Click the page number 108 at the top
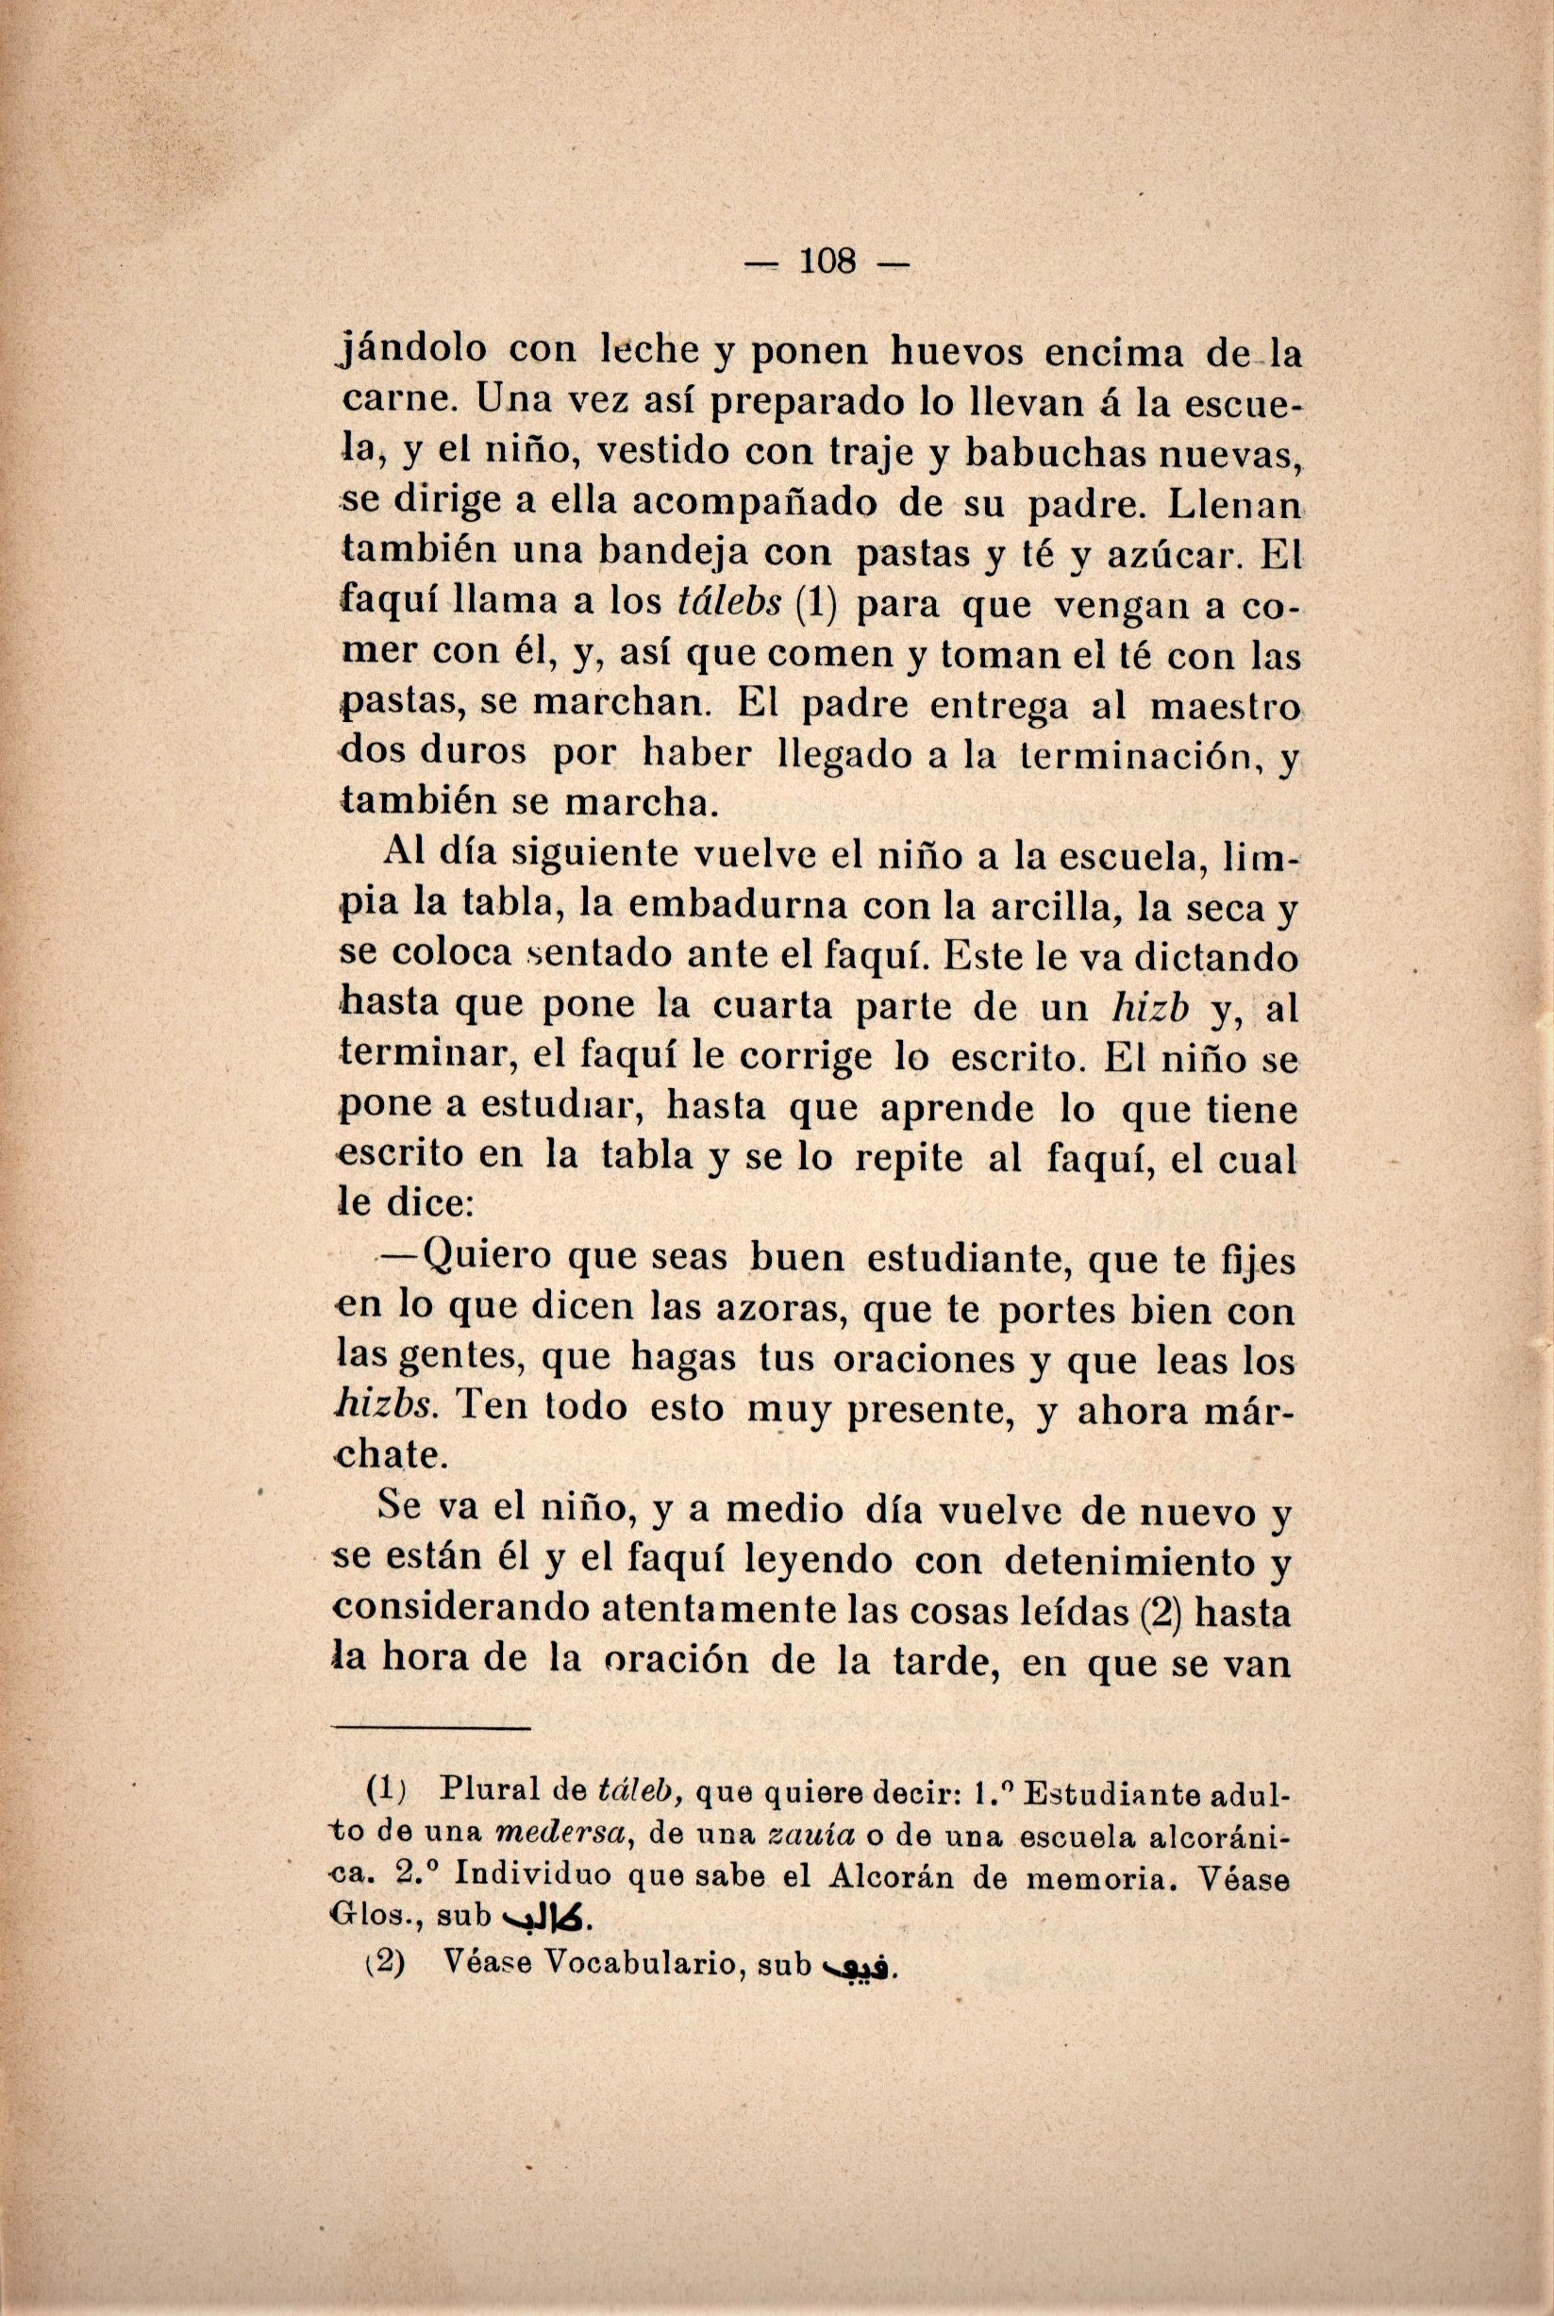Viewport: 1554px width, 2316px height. (827, 261)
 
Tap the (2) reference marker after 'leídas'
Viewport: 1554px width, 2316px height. (1157, 1615)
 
